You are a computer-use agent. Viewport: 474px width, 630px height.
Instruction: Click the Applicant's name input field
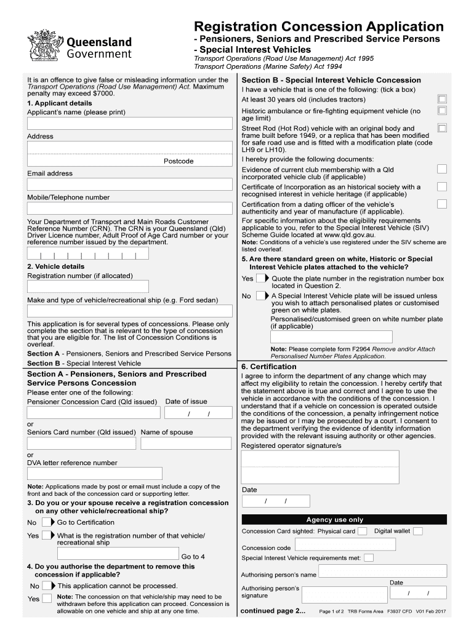(129, 124)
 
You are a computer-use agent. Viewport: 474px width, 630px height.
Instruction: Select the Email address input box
(129, 185)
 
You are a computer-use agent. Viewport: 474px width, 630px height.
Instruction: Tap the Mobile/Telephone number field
(129, 209)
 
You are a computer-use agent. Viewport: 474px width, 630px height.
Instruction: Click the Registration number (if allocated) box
(88, 287)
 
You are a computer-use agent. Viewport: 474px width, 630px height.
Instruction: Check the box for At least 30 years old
(441, 99)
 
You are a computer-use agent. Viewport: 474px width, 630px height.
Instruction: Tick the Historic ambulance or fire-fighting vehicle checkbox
(441, 111)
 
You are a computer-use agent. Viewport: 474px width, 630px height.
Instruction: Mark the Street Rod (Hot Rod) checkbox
(441, 128)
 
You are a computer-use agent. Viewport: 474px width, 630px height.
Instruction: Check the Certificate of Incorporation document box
(441, 186)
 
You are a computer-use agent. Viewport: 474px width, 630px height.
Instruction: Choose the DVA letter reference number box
(95, 473)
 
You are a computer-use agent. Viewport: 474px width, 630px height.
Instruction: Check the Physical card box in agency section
(363, 532)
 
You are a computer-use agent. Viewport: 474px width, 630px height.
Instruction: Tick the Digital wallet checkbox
(417, 531)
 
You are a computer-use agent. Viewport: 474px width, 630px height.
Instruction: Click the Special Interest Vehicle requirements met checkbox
(368, 559)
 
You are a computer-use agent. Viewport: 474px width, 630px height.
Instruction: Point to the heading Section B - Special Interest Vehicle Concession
(331, 80)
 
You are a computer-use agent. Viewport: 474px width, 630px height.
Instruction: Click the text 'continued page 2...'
(273, 611)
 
